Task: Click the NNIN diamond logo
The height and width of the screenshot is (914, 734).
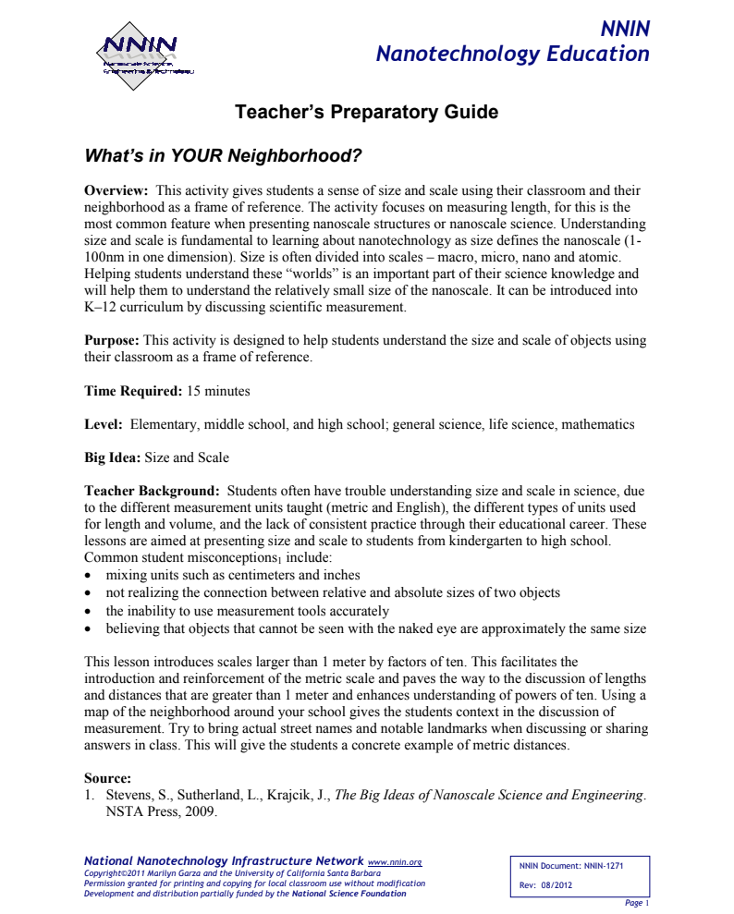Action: coord(139,56)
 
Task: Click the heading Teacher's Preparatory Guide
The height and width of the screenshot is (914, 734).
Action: coord(367,113)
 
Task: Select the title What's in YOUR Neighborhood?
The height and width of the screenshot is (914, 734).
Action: coord(222,155)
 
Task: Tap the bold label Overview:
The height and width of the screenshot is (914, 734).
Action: coord(117,190)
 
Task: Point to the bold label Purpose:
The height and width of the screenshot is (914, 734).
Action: coord(112,341)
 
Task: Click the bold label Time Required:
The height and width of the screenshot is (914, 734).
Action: coord(133,391)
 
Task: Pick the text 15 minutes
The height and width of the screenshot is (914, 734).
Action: coord(218,391)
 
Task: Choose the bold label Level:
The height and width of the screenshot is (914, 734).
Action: coord(103,425)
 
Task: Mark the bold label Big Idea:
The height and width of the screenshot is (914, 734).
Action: coord(112,457)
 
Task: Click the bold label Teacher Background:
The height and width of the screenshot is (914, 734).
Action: coord(152,491)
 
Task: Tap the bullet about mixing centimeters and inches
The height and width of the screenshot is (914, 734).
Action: coord(233,575)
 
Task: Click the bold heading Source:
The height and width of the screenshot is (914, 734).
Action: coord(107,778)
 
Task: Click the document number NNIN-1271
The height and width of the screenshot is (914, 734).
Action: coord(604,866)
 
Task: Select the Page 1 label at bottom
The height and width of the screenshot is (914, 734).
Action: coord(637,902)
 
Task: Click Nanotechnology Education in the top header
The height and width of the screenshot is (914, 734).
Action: coord(512,54)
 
